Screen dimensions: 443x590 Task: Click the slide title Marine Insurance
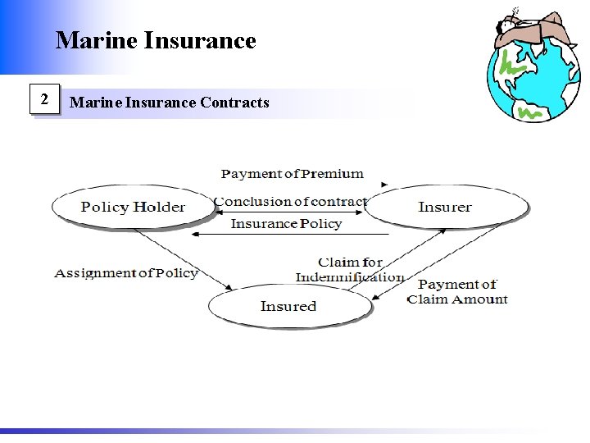coord(156,40)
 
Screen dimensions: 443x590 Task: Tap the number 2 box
coord(46,101)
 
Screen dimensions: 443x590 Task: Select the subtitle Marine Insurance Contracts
coord(170,103)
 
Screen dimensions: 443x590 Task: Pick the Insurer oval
coord(445,207)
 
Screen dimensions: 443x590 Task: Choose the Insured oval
coord(288,306)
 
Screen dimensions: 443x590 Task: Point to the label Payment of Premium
coord(293,174)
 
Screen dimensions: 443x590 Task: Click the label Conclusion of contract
coord(290,202)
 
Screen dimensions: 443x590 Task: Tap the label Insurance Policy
coord(286,224)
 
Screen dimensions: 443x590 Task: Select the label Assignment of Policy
coord(126,272)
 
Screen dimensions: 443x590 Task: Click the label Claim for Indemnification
coord(350,270)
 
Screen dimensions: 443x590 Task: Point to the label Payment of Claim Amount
coord(457,292)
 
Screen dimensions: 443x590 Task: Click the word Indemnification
coord(350,277)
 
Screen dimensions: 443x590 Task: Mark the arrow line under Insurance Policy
coord(279,235)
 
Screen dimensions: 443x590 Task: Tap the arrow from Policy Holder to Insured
coord(184,258)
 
